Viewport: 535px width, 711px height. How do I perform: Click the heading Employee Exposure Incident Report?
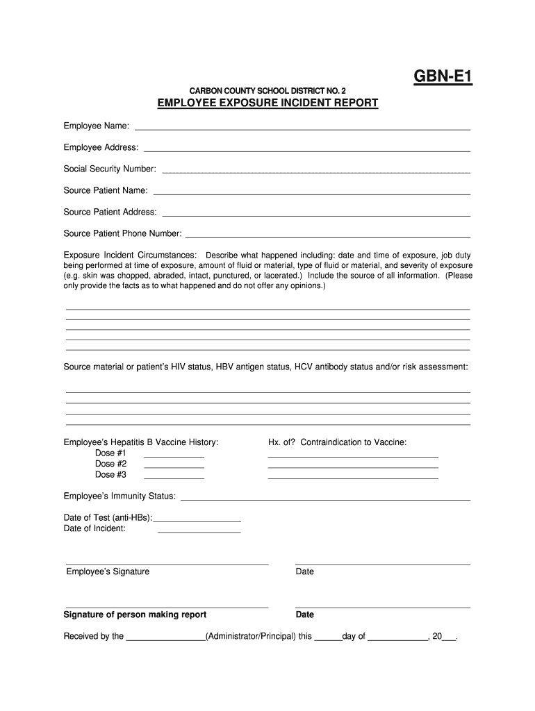coord(267,103)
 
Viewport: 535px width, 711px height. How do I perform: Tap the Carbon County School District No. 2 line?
coord(267,91)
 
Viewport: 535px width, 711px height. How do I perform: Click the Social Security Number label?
coord(110,169)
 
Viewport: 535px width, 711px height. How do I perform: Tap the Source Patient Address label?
coord(110,212)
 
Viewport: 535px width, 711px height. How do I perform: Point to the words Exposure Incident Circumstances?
coord(130,255)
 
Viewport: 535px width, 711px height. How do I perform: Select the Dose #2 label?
coord(110,464)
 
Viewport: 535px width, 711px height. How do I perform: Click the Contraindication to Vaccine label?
coord(354,442)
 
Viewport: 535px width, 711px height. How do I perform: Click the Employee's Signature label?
coord(108,571)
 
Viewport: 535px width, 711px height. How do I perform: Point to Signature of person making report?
coord(135,614)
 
